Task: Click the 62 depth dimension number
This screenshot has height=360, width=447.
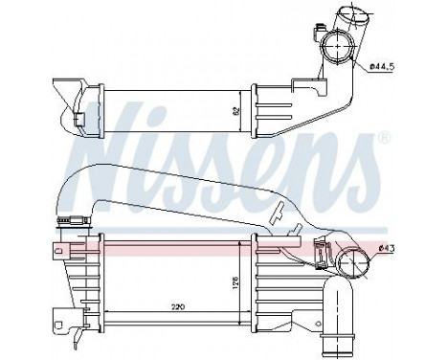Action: coord(235,111)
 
